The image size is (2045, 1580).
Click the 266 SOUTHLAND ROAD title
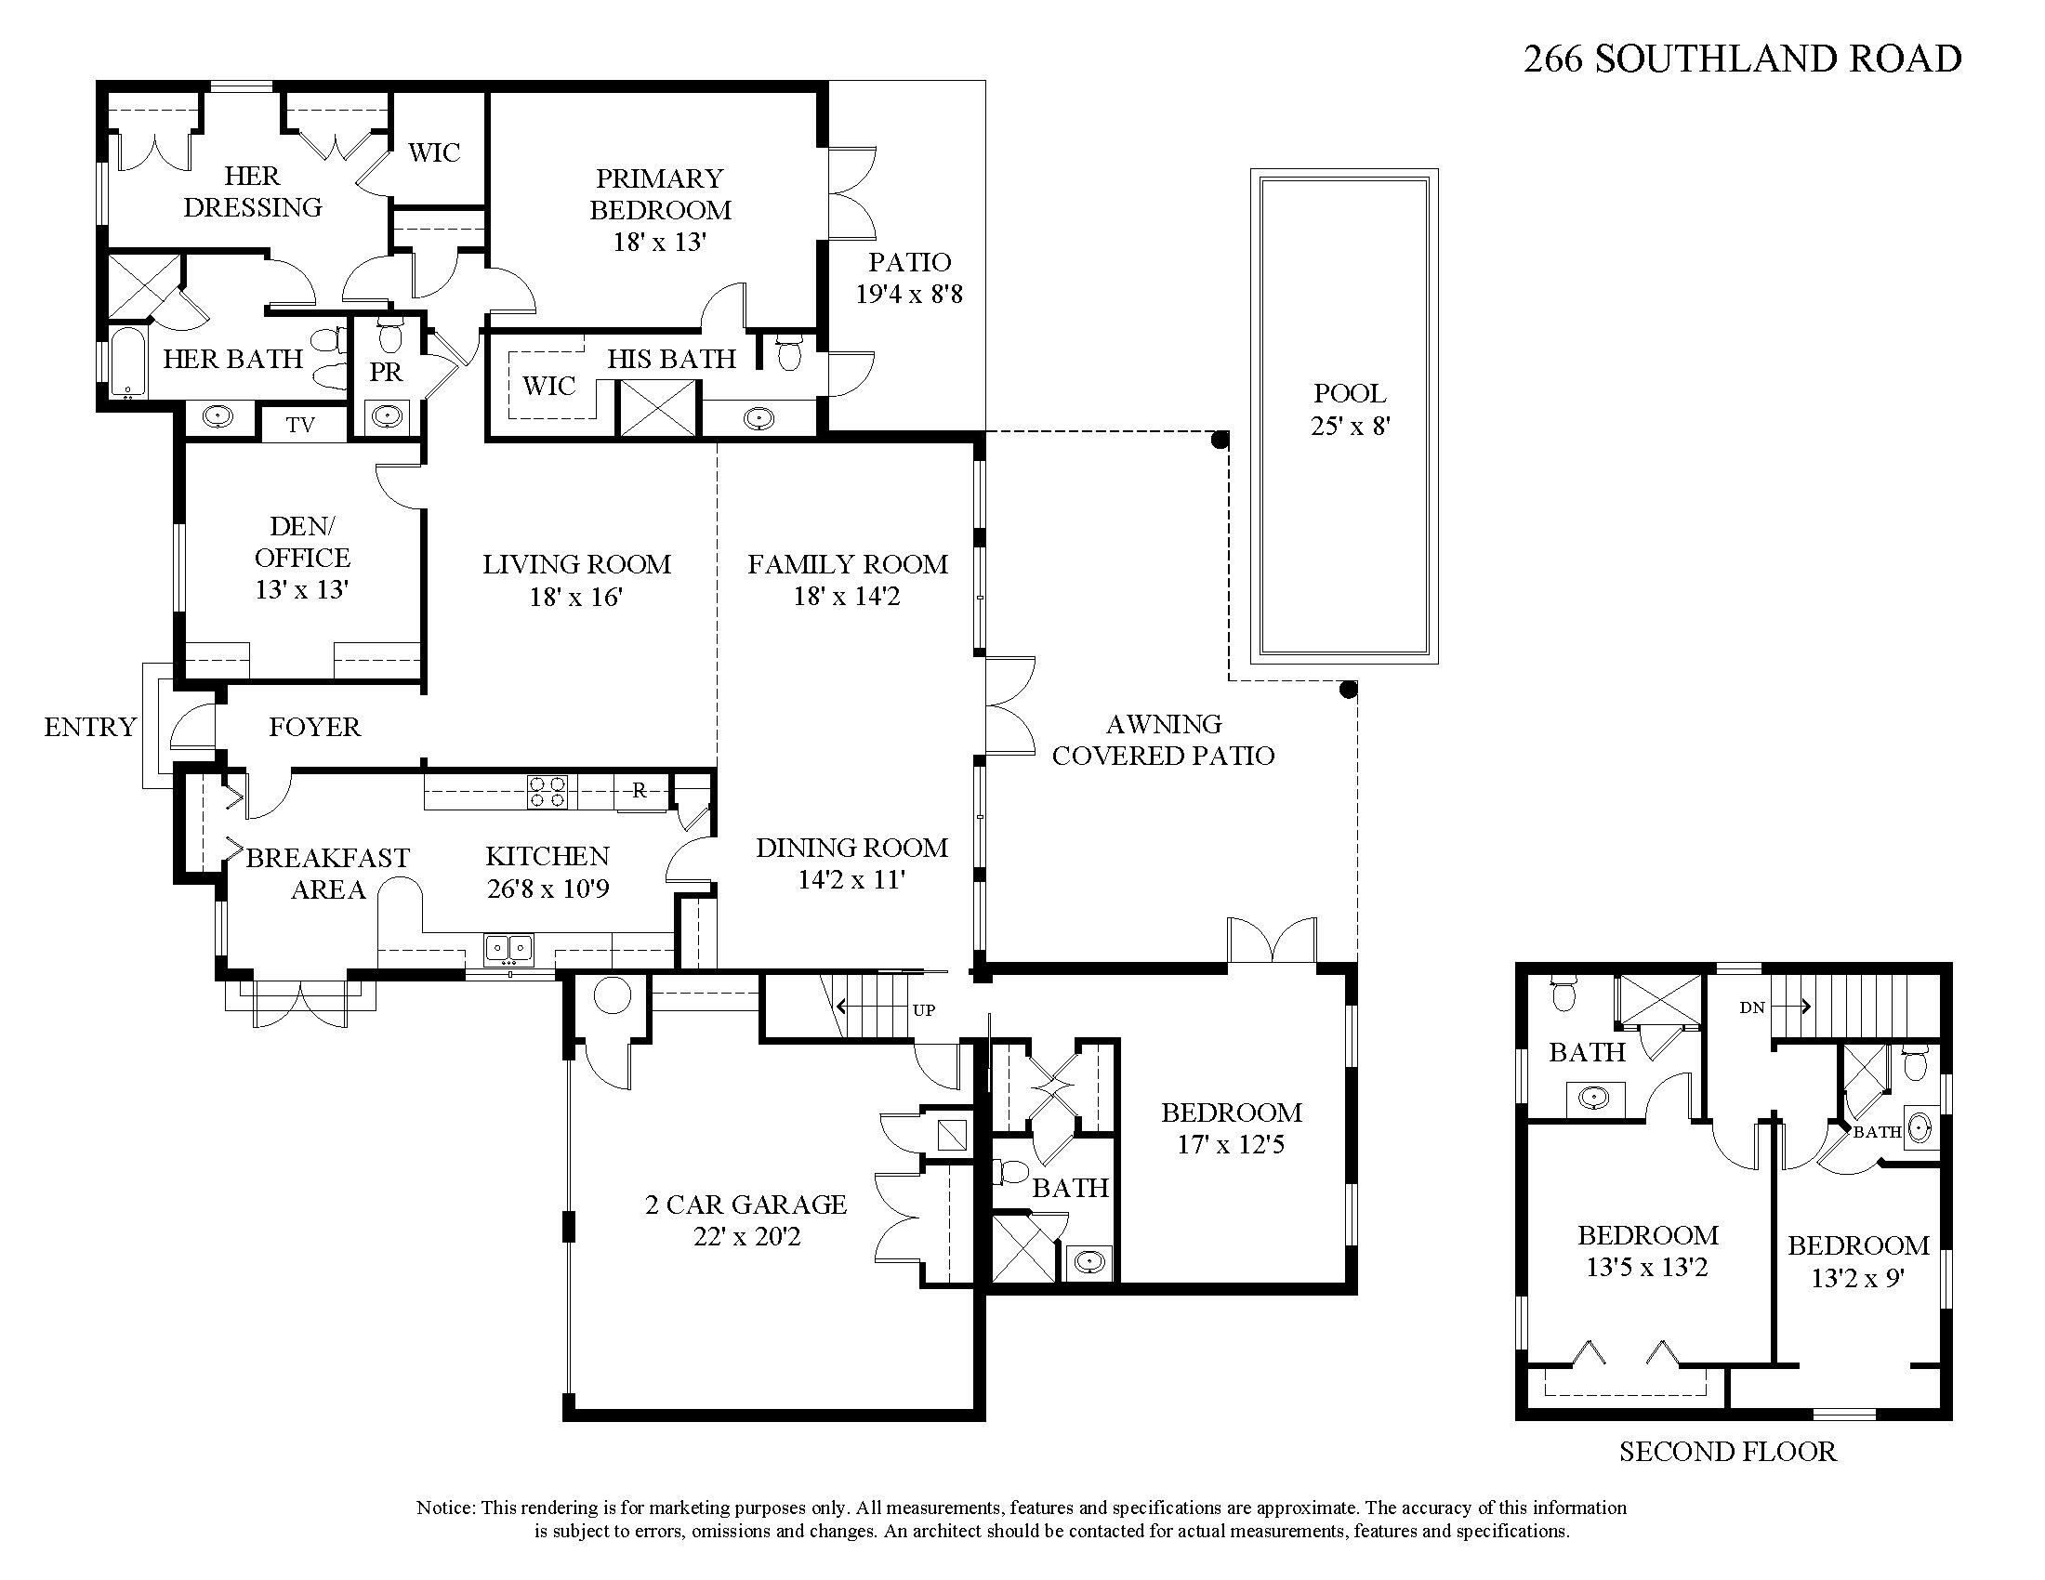tap(1742, 59)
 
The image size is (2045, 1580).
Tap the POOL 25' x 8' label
tap(1350, 409)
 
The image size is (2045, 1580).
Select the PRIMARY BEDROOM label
tap(660, 193)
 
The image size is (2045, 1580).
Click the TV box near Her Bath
tap(300, 425)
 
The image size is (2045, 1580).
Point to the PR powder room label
tap(386, 373)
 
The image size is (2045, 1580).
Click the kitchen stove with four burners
tap(547, 792)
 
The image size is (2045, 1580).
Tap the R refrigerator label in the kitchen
tap(640, 791)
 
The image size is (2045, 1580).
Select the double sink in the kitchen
tap(508, 949)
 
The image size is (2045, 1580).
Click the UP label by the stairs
tap(923, 1010)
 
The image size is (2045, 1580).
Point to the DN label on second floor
tap(1752, 1007)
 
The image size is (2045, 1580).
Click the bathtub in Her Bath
tap(127, 362)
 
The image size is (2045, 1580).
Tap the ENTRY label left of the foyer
tap(90, 727)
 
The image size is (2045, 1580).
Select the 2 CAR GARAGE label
tap(746, 1205)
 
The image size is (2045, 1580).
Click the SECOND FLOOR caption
tap(1728, 1452)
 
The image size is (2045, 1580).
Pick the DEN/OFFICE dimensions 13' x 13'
tap(301, 589)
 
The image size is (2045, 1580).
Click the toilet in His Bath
tap(788, 352)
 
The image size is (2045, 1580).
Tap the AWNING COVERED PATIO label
tap(1163, 740)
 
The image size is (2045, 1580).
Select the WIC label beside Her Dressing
tap(434, 152)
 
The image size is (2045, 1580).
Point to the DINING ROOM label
tap(851, 848)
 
